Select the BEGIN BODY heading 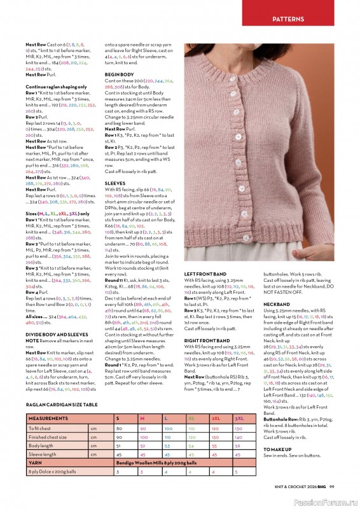click(119, 74)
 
